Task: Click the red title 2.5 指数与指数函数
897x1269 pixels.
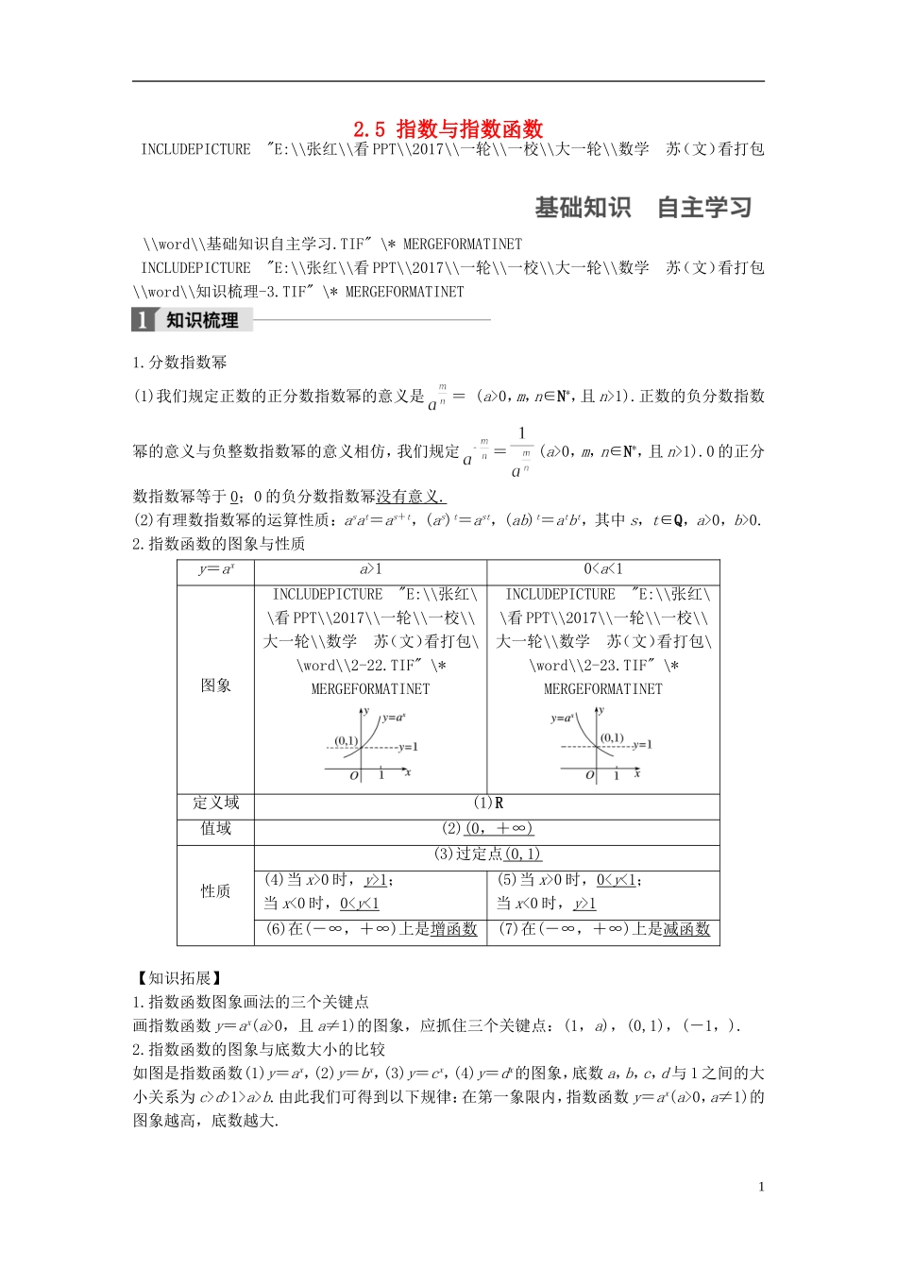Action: [x=448, y=128]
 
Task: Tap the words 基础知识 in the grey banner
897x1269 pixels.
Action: [x=582, y=208]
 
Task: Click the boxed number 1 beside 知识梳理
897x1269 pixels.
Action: [x=143, y=320]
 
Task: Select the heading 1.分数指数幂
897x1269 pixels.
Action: [x=179, y=363]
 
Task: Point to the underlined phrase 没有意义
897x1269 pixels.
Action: [x=411, y=497]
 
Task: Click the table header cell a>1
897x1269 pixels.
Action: [x=370, y=569]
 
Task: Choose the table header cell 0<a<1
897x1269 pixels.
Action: [x=603, y=569]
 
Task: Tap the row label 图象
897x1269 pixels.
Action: [x=215, y=685]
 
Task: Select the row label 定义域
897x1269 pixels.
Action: [x=215, y=804]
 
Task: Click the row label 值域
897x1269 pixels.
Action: [x=215, y=829]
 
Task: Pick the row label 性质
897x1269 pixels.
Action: [x=215, y=891]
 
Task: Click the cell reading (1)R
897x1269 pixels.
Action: [x=488, y=804]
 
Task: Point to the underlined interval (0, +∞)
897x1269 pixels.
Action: [x=499, y=829]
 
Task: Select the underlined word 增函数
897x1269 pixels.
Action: [x=454, y=929]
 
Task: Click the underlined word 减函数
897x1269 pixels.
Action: [x=686, y=929]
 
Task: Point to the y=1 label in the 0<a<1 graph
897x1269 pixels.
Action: [x=642, y=745]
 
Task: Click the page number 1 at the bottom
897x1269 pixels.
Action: [x=761, y=1187]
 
